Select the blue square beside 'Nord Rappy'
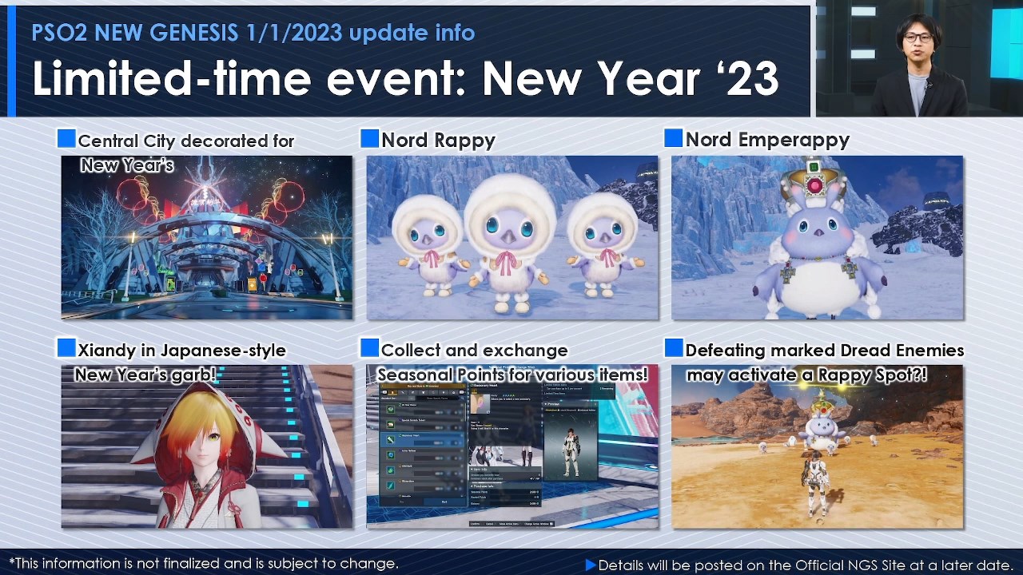click(369, 139)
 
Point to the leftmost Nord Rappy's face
click(428, 232)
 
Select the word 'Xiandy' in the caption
click(104, 350)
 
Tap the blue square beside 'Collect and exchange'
click(369, 348)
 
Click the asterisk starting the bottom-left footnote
click(12, 562)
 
